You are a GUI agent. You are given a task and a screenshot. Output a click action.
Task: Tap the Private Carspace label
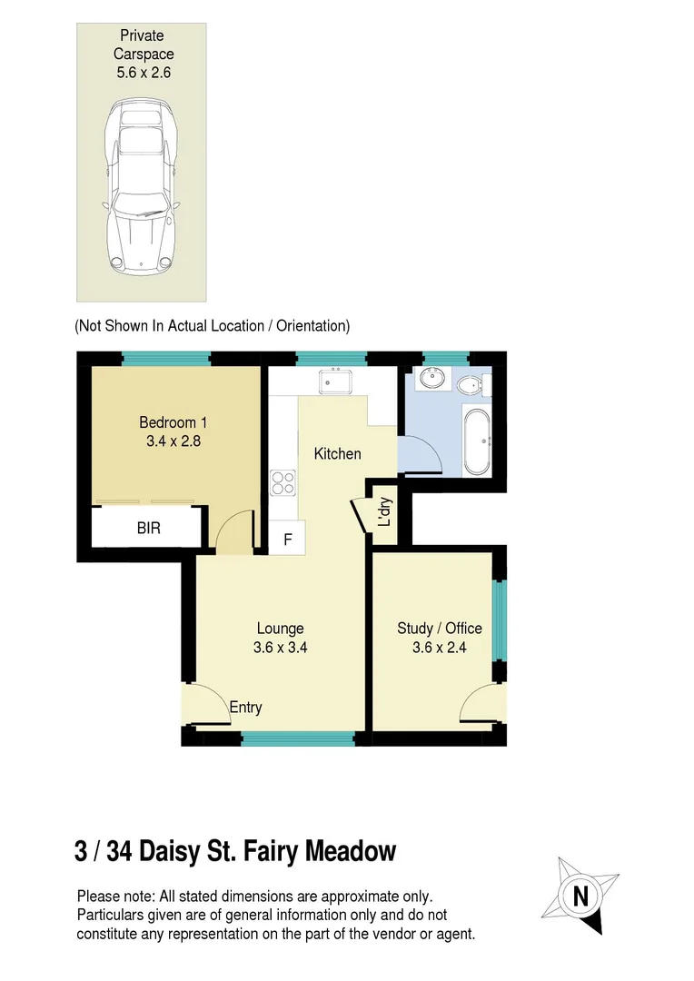(141, 54)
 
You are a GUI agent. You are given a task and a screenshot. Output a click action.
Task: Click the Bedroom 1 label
(173, 431)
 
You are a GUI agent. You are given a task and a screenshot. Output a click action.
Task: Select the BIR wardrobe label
(149, 528)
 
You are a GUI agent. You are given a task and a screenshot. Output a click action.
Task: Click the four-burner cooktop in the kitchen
(283, 481)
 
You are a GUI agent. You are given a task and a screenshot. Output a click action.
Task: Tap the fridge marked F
(288, 539)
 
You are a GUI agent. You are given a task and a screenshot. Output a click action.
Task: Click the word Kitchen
(337, 453)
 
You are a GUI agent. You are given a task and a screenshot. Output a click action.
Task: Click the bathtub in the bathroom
(477, 442)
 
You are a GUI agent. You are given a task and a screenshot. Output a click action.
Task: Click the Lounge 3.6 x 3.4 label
(280, 638)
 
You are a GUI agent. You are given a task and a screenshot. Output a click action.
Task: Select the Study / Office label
(440, 638)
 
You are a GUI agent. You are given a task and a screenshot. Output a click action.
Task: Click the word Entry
(245, 708)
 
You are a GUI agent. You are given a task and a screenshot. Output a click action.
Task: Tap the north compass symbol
(580, 896)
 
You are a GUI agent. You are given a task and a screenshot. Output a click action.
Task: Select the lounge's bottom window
(298, 738)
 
